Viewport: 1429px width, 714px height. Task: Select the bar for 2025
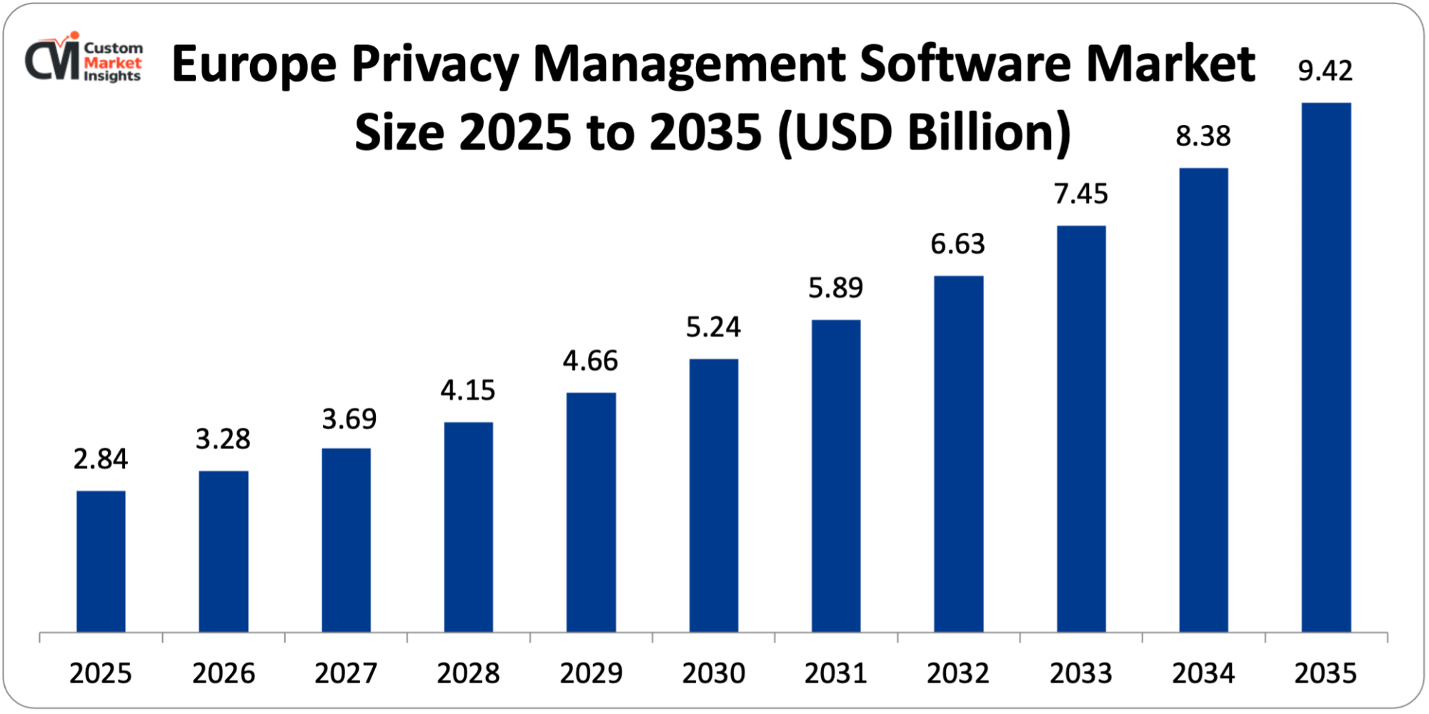pos(101,561)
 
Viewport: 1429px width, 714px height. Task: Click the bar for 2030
pos(714,496)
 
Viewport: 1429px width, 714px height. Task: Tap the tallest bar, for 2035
pos(1326,368)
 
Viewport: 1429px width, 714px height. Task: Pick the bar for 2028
pos(468,527)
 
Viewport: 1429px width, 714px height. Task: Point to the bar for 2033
pos(1081,428)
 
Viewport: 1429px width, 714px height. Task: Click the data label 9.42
pos(1325,71)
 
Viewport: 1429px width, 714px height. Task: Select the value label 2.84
pos(101,459)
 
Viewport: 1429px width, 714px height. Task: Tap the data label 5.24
pos(713,327)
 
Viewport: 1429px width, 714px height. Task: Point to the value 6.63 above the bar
pos(957,244)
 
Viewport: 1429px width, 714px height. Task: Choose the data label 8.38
pos(1203,136)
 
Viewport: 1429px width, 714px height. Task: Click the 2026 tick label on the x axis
pos(223,673)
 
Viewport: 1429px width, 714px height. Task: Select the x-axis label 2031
pos(835,673)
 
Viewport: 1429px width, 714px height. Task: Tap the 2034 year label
pos(1203,673)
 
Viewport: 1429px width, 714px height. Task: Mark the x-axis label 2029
pos(591,673)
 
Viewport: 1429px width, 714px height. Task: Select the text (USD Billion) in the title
pos(924,133)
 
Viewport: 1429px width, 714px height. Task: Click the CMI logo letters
pos(52,60)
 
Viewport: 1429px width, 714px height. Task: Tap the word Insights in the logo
pos(112,76)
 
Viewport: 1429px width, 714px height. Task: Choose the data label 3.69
pos(349,419)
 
